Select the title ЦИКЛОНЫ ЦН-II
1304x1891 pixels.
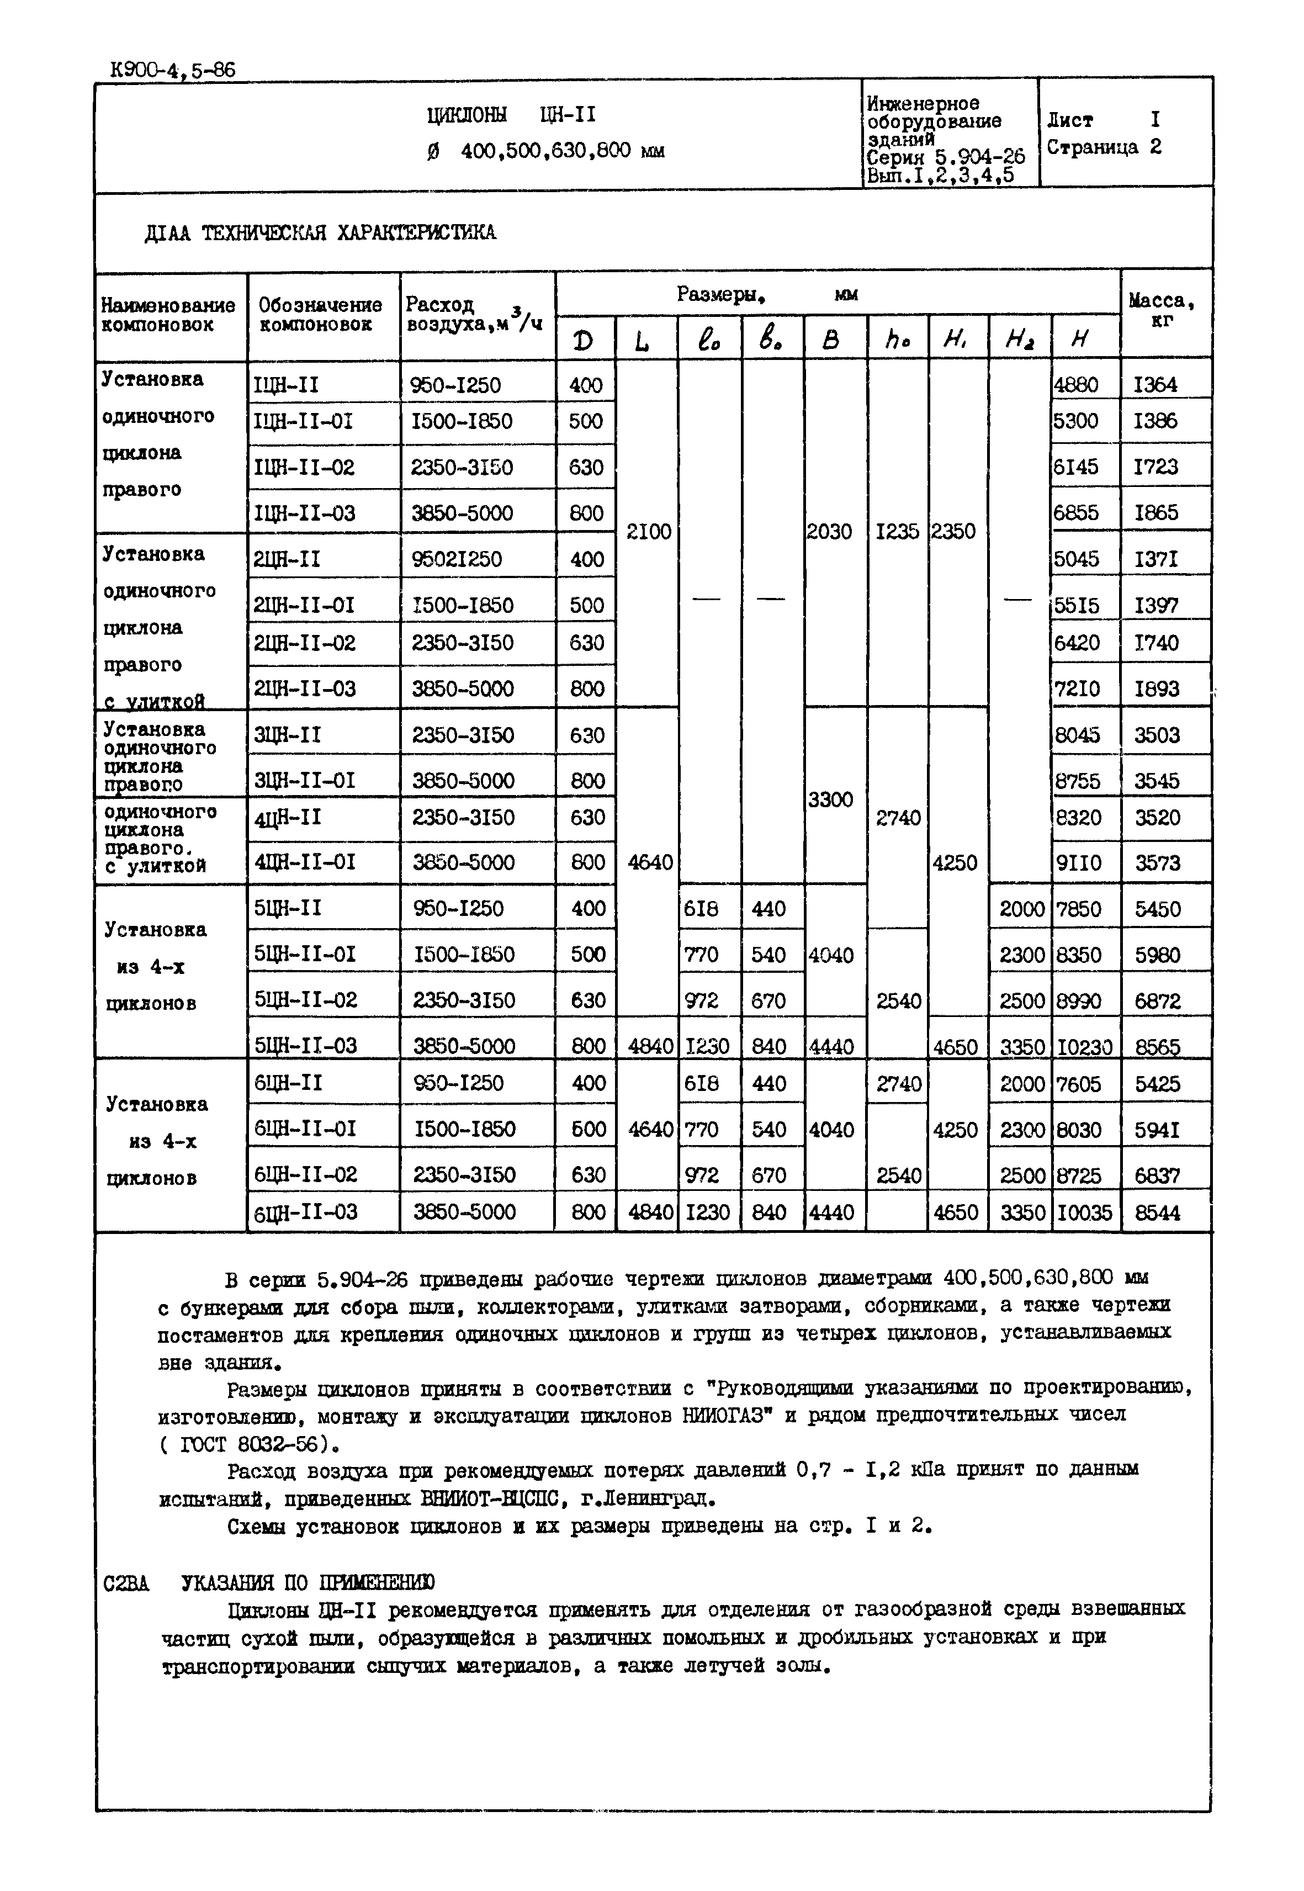pyautogui.click(x=511, y=115)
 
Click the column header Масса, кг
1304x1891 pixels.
pyautogui.click(x=1163, y=310)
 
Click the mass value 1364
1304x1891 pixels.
pyautogui.click(x=1156, y=385)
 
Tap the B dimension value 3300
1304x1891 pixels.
pyautogui.click(x=830, y=799)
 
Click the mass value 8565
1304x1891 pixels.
pyautogui.click(x=1158, y=1047)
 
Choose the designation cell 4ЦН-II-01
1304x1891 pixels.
pyautogui.click(x=305, y=862)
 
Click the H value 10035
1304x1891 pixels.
pyautogui.click(x=1084, y=1212)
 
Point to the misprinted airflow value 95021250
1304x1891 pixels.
pyautogui.click(x=456, y=559)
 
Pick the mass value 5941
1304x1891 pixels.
pyautogui.click(x=1158, y=1130)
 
